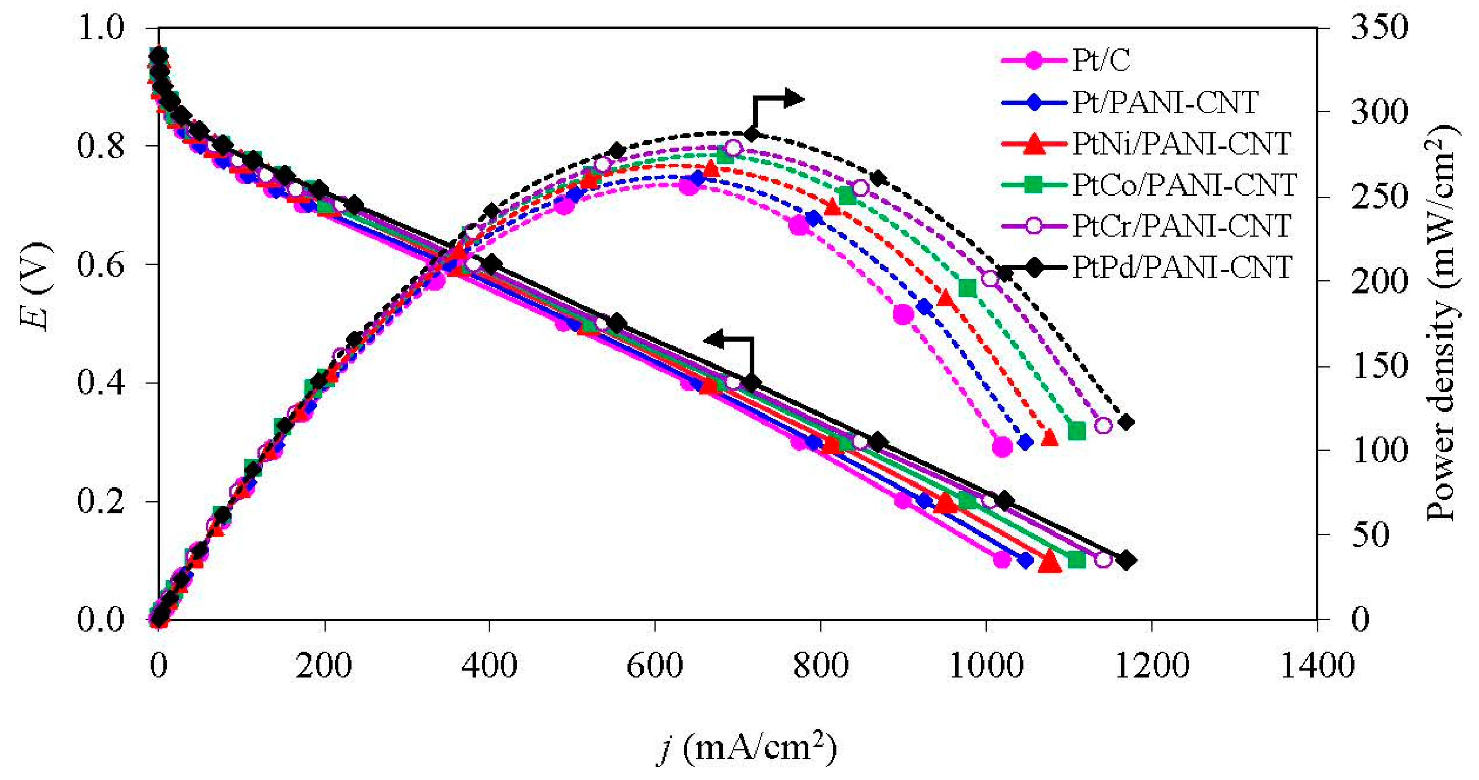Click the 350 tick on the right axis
[1378, 28]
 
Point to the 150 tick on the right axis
[1378, 367]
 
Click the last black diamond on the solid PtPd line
[1126, 560]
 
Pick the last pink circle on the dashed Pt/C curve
[1002, 446]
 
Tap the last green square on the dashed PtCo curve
[1076, 430]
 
